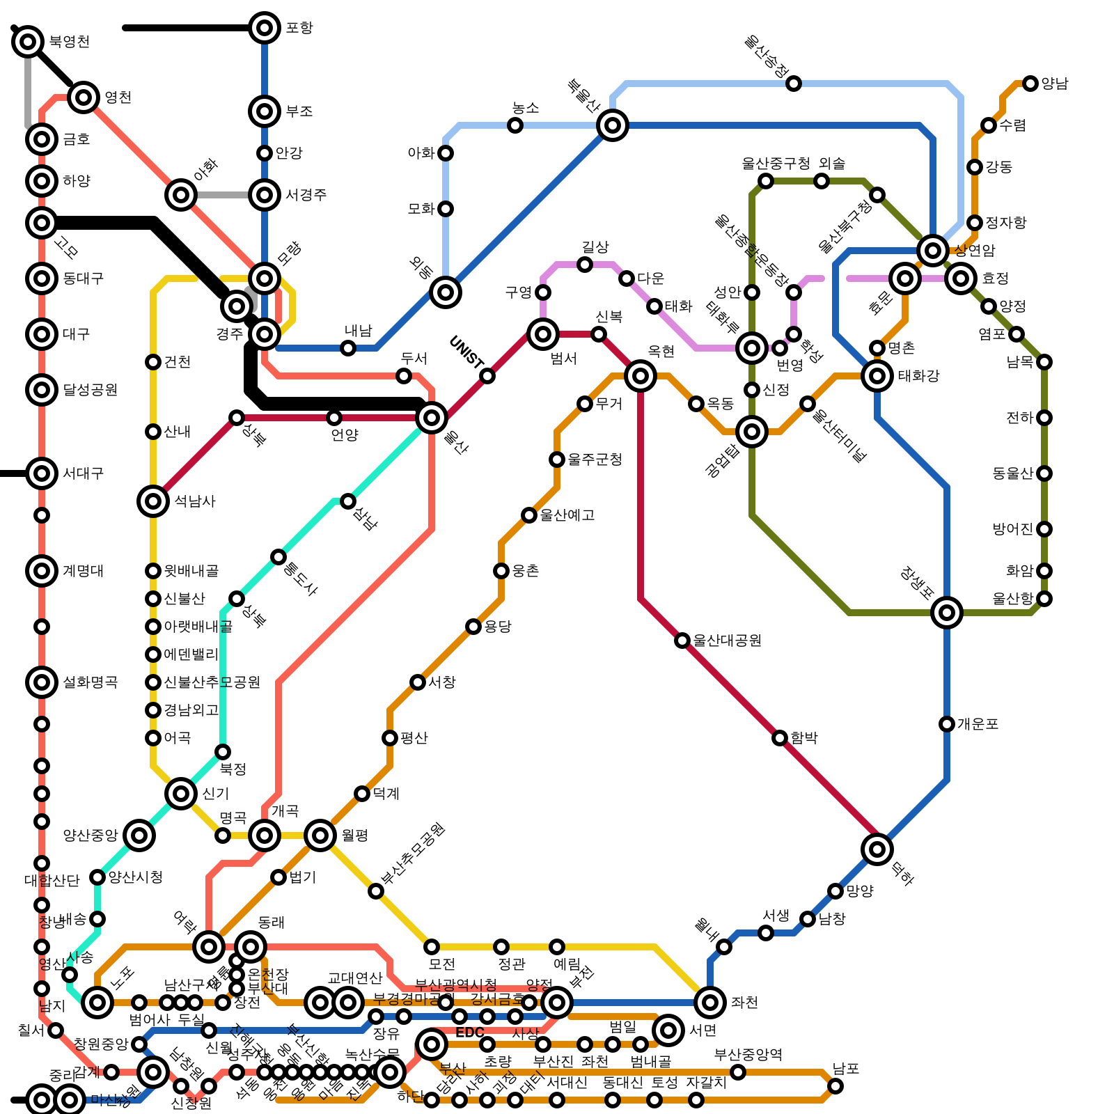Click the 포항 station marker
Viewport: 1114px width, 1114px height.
265,28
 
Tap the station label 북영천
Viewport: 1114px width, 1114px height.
69,42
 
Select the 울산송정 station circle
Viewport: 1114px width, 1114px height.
794,84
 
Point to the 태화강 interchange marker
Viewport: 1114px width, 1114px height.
877,376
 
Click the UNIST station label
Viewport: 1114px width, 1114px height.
466,352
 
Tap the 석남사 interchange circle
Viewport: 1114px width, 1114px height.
153,501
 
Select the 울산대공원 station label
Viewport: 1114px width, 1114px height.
727,641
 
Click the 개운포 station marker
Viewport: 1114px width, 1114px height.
947,724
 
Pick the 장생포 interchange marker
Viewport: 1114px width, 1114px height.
947,613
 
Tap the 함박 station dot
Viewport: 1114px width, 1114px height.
780,738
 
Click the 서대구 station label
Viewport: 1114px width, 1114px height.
83,473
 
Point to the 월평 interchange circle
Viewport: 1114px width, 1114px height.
320,835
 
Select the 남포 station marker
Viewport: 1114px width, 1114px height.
835,1086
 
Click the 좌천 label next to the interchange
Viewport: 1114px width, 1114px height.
744,1003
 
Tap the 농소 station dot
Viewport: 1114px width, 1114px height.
515,125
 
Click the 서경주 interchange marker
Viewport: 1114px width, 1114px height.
265,195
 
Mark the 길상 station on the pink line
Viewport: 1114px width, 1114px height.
585,265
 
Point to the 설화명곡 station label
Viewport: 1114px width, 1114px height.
90,682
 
